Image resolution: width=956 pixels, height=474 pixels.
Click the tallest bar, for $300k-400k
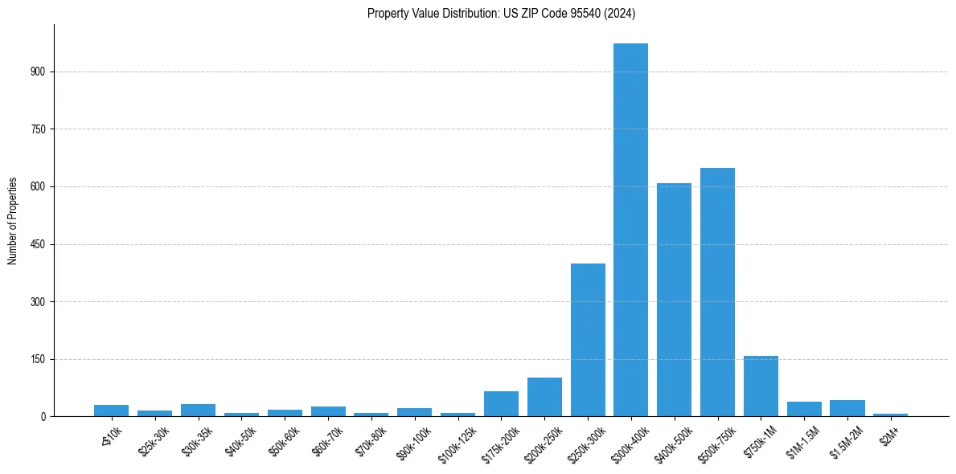(630, 230)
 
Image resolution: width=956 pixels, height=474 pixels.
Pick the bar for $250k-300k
(588, 340)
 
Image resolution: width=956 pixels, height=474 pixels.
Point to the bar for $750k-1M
(761, 386)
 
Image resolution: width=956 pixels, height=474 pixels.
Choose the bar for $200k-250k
(544, 397)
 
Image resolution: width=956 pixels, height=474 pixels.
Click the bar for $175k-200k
(501, 403)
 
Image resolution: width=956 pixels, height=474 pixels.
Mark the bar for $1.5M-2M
(847, 408)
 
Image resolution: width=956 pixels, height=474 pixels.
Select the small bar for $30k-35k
(198, 410)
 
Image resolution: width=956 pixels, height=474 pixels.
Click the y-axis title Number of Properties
(13, 221)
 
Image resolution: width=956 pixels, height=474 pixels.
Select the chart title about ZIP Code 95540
(502, 13)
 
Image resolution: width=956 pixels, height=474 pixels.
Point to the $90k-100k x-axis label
(412, 443)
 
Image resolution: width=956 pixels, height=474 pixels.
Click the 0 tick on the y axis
(45, 417)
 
